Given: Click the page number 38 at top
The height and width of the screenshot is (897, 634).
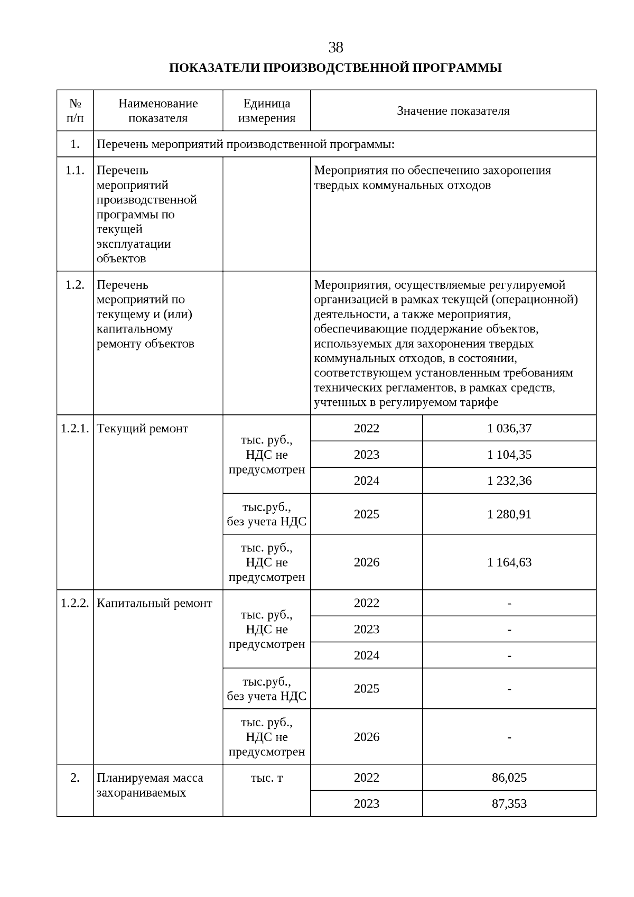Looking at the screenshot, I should (x=335, y=48).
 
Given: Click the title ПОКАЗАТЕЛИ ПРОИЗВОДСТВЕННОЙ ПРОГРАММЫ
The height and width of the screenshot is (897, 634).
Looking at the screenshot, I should (x=335, y=68).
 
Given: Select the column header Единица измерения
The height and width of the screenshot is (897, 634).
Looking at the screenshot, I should (x=266, y=110).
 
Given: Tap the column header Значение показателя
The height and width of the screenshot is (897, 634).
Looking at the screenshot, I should (x=453, y=111).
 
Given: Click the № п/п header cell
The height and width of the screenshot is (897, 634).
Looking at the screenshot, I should (x=75, y=110).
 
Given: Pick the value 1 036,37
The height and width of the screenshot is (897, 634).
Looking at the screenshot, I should (x=509, y=428).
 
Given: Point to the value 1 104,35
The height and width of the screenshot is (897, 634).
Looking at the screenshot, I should (x=509, y=455).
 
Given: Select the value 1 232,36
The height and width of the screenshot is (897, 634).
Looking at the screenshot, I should (x=509, y=480).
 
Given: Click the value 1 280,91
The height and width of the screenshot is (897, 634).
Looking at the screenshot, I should (x=509, y=514).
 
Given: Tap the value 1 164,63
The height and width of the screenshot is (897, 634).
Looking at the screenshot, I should (x=509, y=562).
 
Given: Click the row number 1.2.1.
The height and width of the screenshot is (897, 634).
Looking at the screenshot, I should (x=75, y=428).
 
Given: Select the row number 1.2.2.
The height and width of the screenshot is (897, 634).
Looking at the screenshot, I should (x=75, y=603).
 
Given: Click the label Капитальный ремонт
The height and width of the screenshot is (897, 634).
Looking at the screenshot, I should (x=154, y=603).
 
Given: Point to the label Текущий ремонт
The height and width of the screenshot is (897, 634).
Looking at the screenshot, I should (x=142, y=428).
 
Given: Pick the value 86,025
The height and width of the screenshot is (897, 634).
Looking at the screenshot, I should (x=509, y=778).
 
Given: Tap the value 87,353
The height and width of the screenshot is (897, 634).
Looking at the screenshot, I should (x=509, y=803).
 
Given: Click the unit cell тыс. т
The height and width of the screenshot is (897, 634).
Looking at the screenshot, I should (x=266, y=778).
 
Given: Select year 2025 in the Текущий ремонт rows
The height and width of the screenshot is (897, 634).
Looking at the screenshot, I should (x=366, y=514).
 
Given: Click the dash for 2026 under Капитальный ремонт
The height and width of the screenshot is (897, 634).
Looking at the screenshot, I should (x=509, y=737).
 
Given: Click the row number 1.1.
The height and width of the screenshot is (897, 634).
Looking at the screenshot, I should (x=75, y=170).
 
